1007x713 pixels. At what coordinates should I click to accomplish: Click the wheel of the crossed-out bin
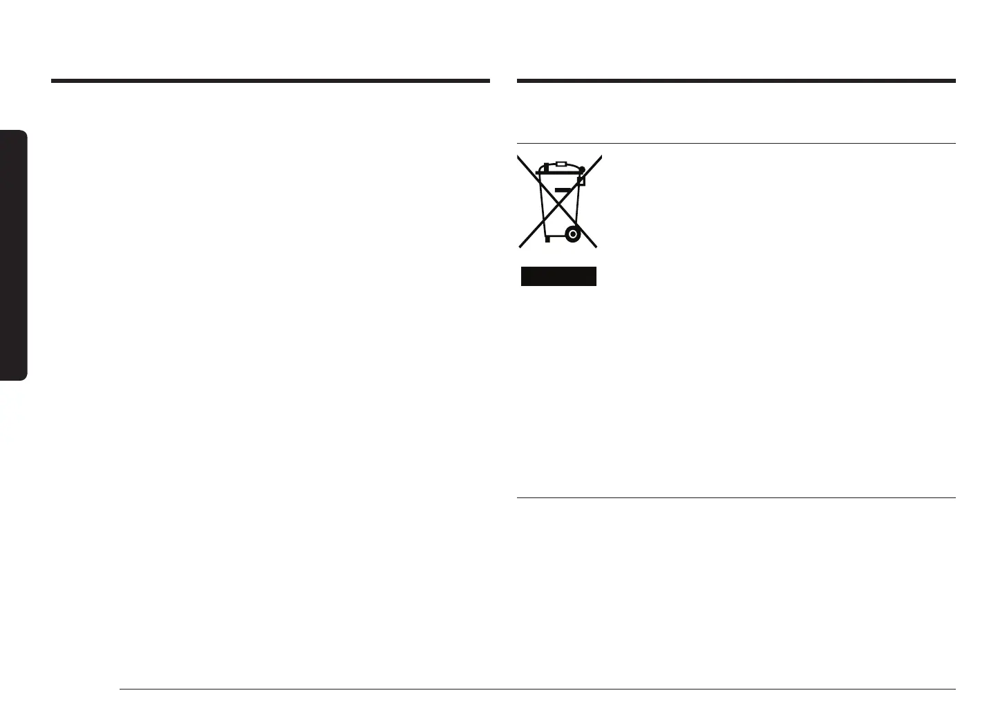click(572, 234)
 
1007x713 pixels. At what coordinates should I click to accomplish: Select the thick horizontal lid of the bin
click(560, 170)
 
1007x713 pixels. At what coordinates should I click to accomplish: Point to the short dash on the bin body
click(564, 188)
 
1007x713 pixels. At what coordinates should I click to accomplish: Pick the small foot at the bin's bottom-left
click(547, 240)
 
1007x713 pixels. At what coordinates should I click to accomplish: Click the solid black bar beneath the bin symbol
click(558, 276)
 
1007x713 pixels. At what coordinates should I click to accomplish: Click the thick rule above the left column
click(270, 81)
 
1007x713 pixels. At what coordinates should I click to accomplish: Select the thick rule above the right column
click(736, 81)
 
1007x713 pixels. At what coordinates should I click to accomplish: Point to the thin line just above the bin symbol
click(736, 144)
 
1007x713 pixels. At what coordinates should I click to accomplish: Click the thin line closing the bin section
click(736, 497)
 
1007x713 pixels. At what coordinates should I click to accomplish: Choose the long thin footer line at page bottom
click(537, 689)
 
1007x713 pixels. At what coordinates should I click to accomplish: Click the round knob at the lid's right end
click(582, 168)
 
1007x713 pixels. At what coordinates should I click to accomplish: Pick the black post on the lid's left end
click(545, 167)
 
